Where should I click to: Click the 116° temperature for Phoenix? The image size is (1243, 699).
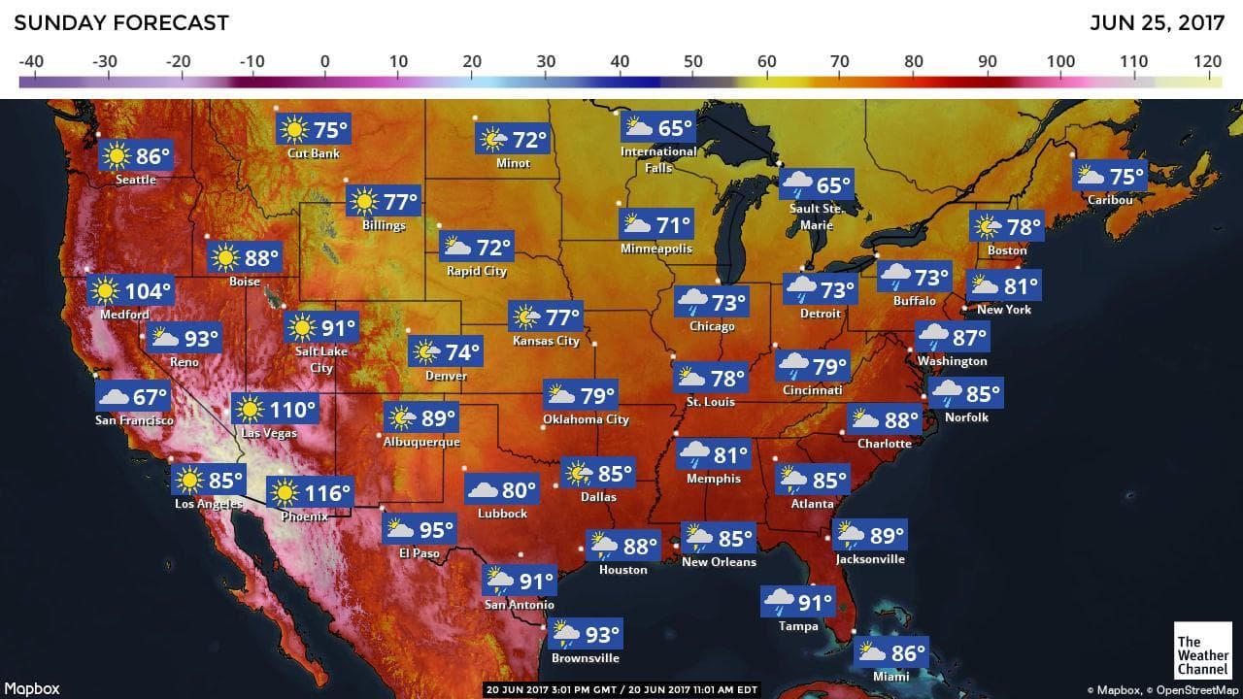(326, 493)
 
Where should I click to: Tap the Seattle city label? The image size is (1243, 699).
(135, 180)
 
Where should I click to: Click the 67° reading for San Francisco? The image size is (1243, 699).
(151, 397)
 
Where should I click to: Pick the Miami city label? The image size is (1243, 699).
(890, 676)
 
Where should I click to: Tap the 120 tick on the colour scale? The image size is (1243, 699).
(1208, 62)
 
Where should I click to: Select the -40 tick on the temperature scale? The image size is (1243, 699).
(31, 62)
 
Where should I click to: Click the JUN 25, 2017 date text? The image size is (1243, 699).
(1159, 23)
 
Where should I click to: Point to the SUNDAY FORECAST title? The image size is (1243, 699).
(121, 23)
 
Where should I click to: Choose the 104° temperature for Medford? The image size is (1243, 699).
(148, 290)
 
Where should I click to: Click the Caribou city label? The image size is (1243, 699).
(1110, 199)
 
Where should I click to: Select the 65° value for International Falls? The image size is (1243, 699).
(675, 128)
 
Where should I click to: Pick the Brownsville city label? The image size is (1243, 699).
(585, 657)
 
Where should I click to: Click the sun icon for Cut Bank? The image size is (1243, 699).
(293, 129)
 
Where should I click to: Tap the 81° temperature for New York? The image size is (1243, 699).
(1021, 287)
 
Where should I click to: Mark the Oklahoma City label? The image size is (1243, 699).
(586, 419)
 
